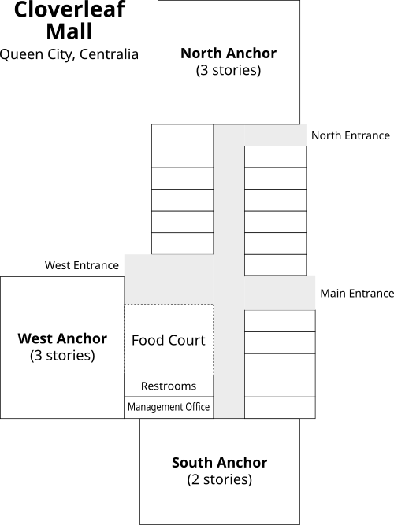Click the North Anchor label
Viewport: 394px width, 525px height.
(x=229, y=54)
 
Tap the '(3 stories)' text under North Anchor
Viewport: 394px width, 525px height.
(x=229, y=70)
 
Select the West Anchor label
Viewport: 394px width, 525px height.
(x=62, y=338)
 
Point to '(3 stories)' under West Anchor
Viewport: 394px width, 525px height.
(x=62, y=355)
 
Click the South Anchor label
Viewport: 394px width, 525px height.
(x=219, y=462)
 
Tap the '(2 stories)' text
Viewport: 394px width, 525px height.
(x=219, y=479)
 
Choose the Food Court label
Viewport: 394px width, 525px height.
(x=168, y=340)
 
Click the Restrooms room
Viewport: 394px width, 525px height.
(x=169, y=386)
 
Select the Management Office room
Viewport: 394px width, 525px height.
(x=169, y=407)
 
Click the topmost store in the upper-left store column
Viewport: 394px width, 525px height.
(x=182, y=135)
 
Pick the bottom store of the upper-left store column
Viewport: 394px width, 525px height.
(x=182, y=243)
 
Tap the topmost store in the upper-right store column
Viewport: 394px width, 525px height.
(x=275, y=157)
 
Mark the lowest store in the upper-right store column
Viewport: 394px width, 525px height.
(x=275, y=265)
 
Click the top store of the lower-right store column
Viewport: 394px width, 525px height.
(x=280, y=320)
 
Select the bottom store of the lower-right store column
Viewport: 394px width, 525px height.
(x=280, y=407)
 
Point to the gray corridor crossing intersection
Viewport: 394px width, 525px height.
(x=229, y=292)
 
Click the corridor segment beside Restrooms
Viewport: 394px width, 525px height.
(x=229, y=386)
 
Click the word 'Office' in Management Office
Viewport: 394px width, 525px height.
(x=195, y=407)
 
